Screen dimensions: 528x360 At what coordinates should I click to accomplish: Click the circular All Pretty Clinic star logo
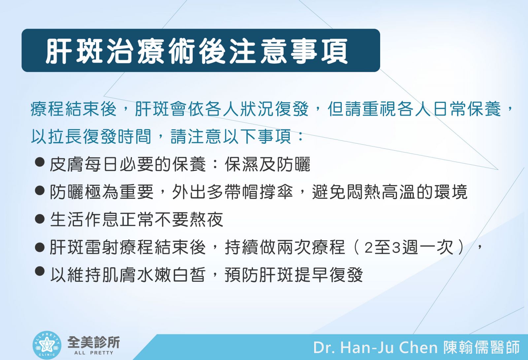pyautogui.click(x=47, y=345)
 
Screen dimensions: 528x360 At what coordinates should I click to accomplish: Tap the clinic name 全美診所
pyautogui.click(x=94, y=342)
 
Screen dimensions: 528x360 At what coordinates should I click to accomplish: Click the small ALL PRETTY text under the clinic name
pyautogui.click(x=94, y=353)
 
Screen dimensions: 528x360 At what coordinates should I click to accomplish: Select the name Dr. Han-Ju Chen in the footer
pyautogui.click(x=375, y=347)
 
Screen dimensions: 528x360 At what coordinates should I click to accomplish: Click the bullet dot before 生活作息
pyautogui.click(x=40, y=218)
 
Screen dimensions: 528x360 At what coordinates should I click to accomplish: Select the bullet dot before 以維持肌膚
pyautogui.click(x=40, y=271)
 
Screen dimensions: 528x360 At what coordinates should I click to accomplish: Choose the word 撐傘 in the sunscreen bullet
pyautogui.click(x=276, y=192)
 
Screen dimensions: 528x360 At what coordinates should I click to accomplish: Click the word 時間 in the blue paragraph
pyautogui.click(x=134, y=136)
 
